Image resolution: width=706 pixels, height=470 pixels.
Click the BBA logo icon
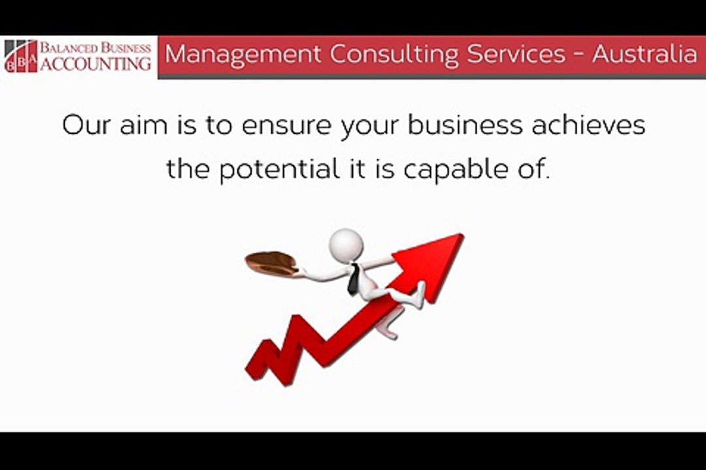point(20,56)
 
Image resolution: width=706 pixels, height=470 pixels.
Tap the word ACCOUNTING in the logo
point(95,64)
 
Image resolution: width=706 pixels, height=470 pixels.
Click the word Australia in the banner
point(645,54)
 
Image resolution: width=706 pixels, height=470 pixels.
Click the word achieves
point(588,125)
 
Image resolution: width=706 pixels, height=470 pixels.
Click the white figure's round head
point(346,245)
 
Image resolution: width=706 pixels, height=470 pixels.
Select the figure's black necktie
point(352,280)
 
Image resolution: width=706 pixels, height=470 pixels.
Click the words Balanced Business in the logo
point(95,48)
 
